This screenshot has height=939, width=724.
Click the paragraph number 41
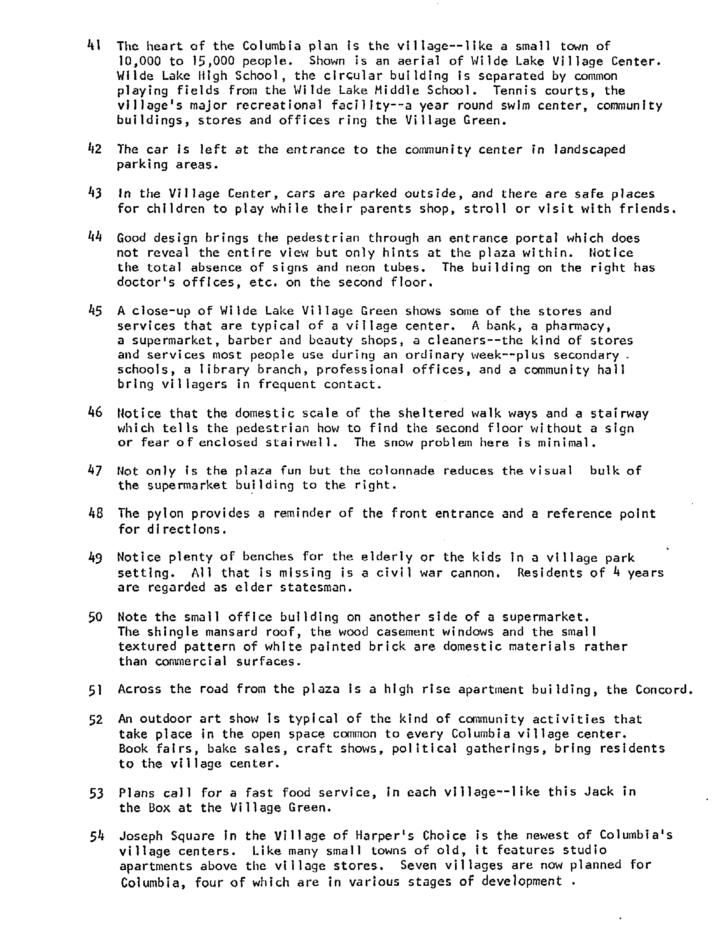pos(94,45)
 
